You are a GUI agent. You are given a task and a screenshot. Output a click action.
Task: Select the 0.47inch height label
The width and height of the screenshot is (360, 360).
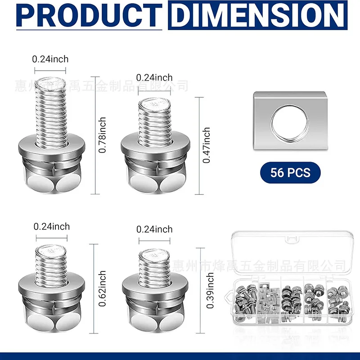coord(207,145)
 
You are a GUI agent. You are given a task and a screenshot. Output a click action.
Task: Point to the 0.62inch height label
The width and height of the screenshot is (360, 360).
coord(103,288)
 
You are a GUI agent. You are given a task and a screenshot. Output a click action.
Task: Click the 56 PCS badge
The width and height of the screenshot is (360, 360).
coord(290,172)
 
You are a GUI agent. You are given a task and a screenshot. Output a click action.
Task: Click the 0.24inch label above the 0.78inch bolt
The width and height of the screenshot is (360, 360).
coord(50,59)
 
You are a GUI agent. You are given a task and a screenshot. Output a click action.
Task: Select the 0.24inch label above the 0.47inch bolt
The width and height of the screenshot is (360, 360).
coord(154,78)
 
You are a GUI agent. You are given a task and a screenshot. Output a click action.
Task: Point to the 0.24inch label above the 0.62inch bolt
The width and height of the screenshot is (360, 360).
coord(52,226)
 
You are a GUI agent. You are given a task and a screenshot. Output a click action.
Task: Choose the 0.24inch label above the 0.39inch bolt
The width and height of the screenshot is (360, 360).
coord(154,229)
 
